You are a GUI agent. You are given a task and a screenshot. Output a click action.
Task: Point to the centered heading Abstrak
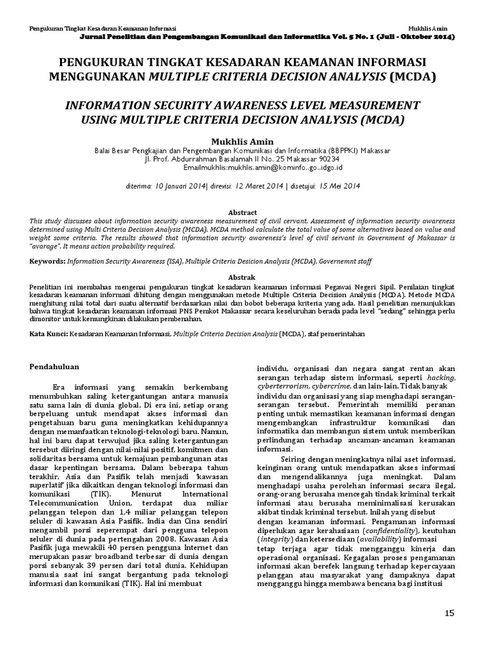pyautogui.click(x=242, y=277)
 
